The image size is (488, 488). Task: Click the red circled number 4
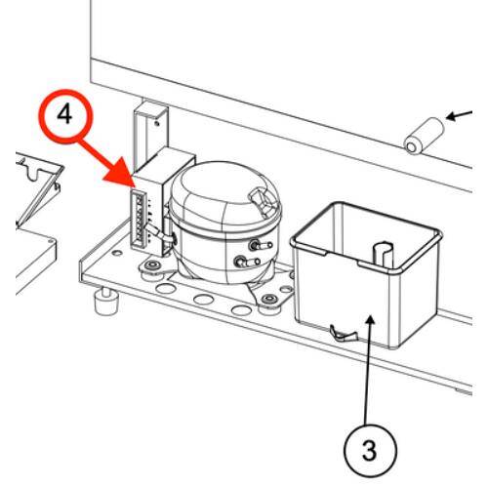tap(64, 115)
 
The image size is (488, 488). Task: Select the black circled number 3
tap(370, 451)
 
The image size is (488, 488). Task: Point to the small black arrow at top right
tap(460, 115)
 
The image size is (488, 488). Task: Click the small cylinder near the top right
tap(424, 136)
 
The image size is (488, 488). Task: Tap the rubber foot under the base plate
tap(106, 300)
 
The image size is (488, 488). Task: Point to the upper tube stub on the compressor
tap(261, 245)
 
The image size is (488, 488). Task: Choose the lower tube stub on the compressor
tap(247, 262)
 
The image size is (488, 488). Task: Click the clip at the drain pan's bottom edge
tap(344, 334)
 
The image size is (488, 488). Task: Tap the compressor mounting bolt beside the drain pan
tap(269, 299)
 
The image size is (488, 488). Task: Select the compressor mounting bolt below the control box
tap(151, 265)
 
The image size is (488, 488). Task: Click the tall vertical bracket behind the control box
tap(151, 134)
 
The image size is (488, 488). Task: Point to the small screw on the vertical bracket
tap(157, 124)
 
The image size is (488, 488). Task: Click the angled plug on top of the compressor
tap(261, 198)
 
